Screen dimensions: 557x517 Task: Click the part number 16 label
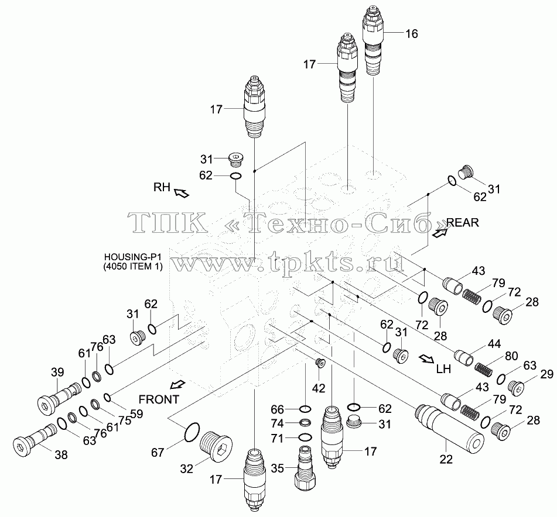pyautogui.click(x=411, y=34)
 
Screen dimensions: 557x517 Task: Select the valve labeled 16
pyautogui.click(x=373, y=39)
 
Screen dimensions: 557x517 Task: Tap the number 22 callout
pyautogui.click(x=446, y=459)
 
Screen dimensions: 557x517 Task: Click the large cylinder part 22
pyautogui.click(x=449, y=429)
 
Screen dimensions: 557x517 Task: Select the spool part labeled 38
pyautogui.click(x=35, y=438)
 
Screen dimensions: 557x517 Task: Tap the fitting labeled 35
pyautogui.click(x=304, y=468)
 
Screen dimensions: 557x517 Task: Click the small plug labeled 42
pyautogui.click(x=320, y=363)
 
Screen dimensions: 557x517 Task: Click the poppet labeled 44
pyautogui.click(x=463, y=357)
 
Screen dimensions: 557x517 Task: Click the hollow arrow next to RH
pyautogui.click(x=181, y=192)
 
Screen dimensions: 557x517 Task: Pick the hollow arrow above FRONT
pyautogui.click(x=177, y=384)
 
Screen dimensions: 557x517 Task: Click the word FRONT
pyautogui.click(x=159, y=399)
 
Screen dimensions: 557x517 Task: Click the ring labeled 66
pyautogui.click(x=306, y=409)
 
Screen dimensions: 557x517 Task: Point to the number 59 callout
pyautogui.click(x=136, y=413)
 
